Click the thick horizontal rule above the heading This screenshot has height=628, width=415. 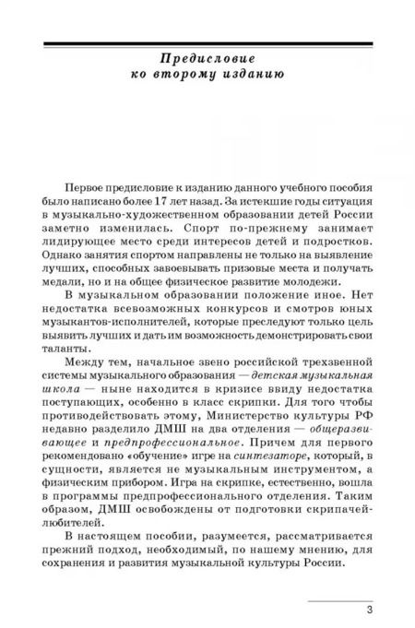[x=207, y=42]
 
